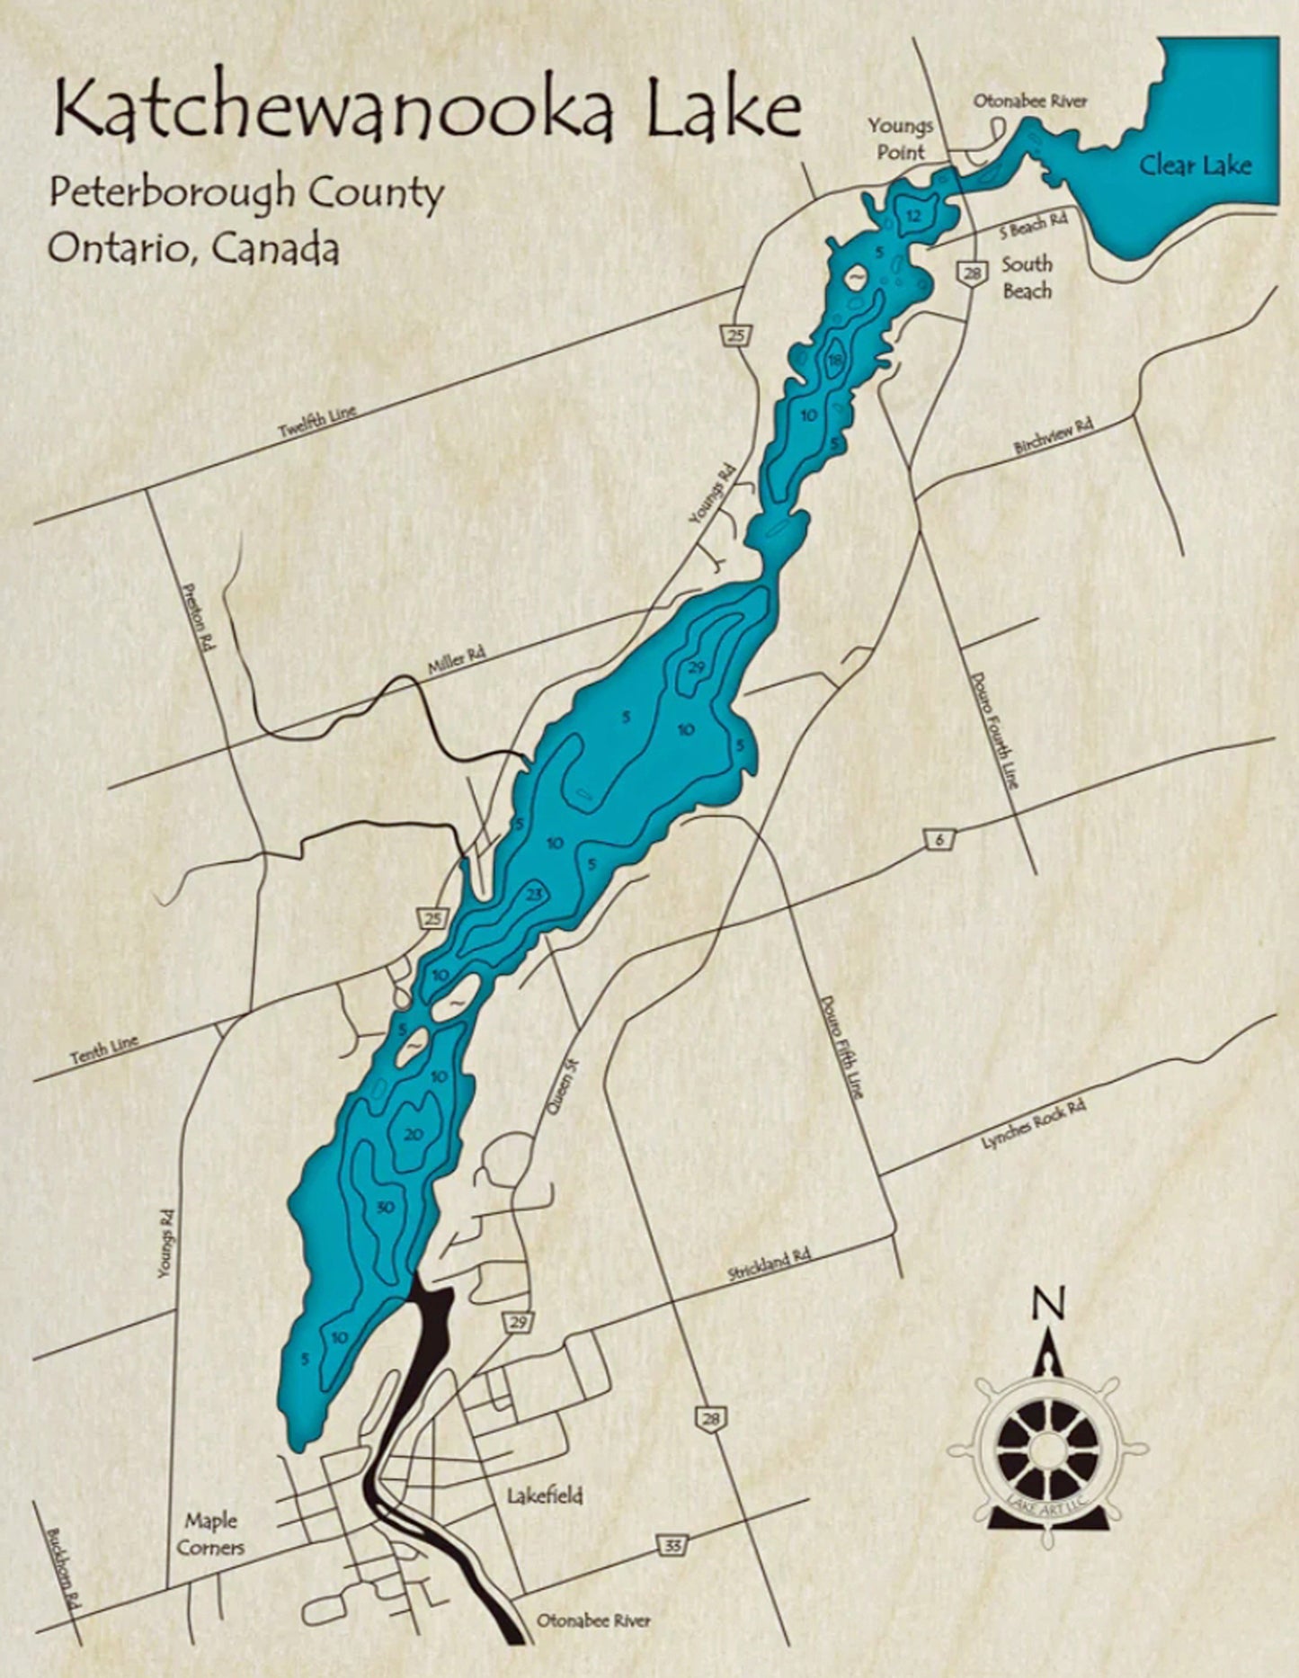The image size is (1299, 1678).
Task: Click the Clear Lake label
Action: (x=1195, y=165)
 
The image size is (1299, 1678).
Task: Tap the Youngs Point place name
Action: (x=900, y=138)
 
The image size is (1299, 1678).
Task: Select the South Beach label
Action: (x=1027, y=277)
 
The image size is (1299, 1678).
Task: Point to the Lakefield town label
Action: (x=545, y=1495)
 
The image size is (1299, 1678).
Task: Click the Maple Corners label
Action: (x=210, y=1533)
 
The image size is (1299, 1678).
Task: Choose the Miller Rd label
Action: (x=456, y=661)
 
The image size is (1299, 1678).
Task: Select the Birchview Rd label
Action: (x=1053, y=435)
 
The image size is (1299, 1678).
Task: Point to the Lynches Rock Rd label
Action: (x=1033, y=1123)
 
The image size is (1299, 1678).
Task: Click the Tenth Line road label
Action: (x=104, y=1049)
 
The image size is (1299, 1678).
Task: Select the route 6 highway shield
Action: (x=939, y=840)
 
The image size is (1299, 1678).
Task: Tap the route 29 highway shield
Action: (x=518, y=1321)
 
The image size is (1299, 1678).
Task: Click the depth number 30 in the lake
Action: (x=386, y=1207)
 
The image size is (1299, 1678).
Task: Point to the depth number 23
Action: (x=535, y=895)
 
